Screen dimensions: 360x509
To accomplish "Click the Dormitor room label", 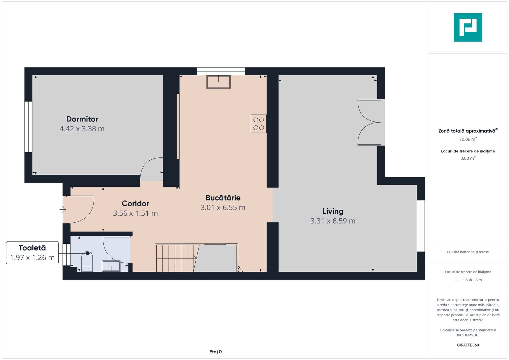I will pyautogui.click(x=82, y=119).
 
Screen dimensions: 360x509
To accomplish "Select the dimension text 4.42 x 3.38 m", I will pyautogui.click(x=82, y=129).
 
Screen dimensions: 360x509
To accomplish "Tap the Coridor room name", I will pyautogui.click(x=135, y=203).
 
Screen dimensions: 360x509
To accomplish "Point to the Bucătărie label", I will pyautogui.click(x=223, y=198).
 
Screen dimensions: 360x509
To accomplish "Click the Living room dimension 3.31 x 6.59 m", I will pyautogui.click(x=333, y=221).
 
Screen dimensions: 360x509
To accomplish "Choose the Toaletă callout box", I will pyautogui.click(x=32, y=253).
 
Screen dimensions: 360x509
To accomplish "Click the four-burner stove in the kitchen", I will pyautogui.click(x=258, y=124).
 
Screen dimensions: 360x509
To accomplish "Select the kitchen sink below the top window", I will pyautogui.click(x=218, y=82).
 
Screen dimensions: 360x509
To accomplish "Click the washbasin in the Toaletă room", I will pyautogui.click(x=111, y=266).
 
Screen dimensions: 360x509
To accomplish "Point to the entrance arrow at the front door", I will pyautogui.click(x=63, y=210).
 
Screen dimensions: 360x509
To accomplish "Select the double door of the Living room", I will pyautogui.click(x=369, y=122).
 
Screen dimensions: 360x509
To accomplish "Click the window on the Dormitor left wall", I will pyautogui.click(x=28, y=127).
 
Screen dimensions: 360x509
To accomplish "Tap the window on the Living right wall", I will pyautogui.click(x=421, y=226).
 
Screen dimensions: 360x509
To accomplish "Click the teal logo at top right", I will pyautogui.click(x=468, y=27).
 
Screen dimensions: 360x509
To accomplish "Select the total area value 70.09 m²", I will pyautogui.click(x=468, y=139).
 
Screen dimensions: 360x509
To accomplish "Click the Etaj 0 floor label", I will pyautogui.click(x=215, y=352).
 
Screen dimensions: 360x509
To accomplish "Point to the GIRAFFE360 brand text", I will pyautogui.click(x=468, y=345).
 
